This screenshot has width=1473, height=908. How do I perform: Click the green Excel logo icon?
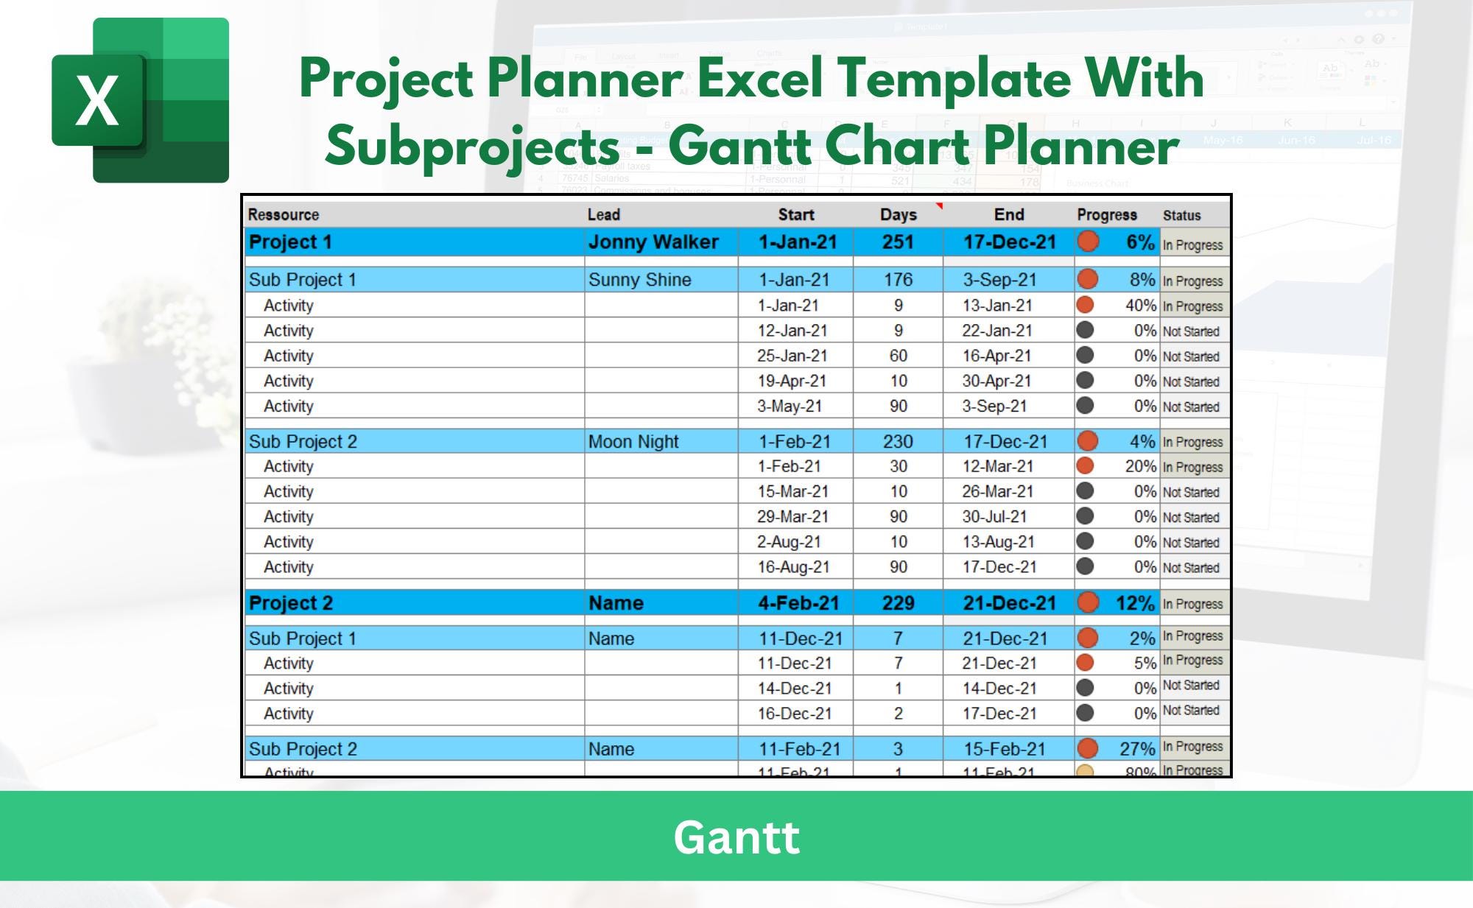pyautogui.click(x=140, y=100)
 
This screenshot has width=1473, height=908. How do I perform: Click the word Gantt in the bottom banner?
pyautogui.click(x=736, y=837)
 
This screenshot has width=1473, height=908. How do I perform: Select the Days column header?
pyautogui.click(x=898, y=215)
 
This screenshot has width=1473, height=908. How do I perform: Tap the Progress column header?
pyautogui.click(x=1106, y=215)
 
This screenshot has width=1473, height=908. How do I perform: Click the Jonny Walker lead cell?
pyautogui.click(x=653, y=242)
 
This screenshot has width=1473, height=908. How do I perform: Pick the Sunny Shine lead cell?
pyautogui.click(x=639, y=280)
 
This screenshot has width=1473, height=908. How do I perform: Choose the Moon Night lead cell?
pyautogui.click(x=633, y=442)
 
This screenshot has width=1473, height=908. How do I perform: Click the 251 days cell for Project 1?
pyautogui.click(x=898, y=242)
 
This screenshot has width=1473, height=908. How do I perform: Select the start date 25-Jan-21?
pyautogui.click(x=792, y=356)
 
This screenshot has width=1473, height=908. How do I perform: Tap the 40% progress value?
pyautogui.click(x=1140, y=306)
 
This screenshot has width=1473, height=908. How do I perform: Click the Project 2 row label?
pyautogui.click(x=291, y=603)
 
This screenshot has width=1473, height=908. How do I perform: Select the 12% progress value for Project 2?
pyautogui.click(x=1134, y=604)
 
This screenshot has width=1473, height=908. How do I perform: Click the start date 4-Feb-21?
pyautogui.click(x=798, y=603)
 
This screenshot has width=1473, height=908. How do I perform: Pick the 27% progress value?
pyautogui.click(x=1137, y=749)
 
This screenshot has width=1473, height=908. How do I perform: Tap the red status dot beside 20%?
pyautogui.click(x=1085, y=466)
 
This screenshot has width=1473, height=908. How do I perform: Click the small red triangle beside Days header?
pyautogui.click(x=939, y=206)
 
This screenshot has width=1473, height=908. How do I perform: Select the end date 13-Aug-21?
pyautogui.click(x=998, y=542)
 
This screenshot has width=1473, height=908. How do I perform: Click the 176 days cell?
pyautogui.click(x=898, y=280)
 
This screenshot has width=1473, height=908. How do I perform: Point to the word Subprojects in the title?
pyautogui.click(x=471, y=146)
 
